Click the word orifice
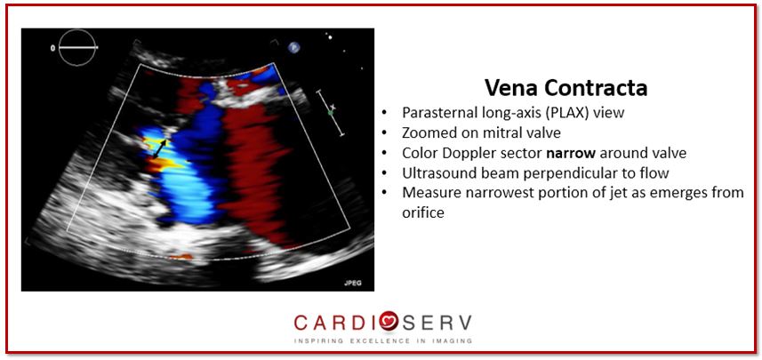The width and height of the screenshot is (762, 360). pos(423,212)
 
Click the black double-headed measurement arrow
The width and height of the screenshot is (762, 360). pos(160,149)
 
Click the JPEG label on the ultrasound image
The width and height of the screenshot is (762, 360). pos(353,283)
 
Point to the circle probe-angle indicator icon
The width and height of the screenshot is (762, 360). pos(76,47)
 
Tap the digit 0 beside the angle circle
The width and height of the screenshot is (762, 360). pos(52,48)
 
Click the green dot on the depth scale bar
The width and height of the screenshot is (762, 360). pos(330,113)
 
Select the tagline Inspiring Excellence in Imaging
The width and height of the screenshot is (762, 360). pos(383,341)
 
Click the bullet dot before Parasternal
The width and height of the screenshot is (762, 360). pos(385,114)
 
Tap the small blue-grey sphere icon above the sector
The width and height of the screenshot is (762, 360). pos(293,47)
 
